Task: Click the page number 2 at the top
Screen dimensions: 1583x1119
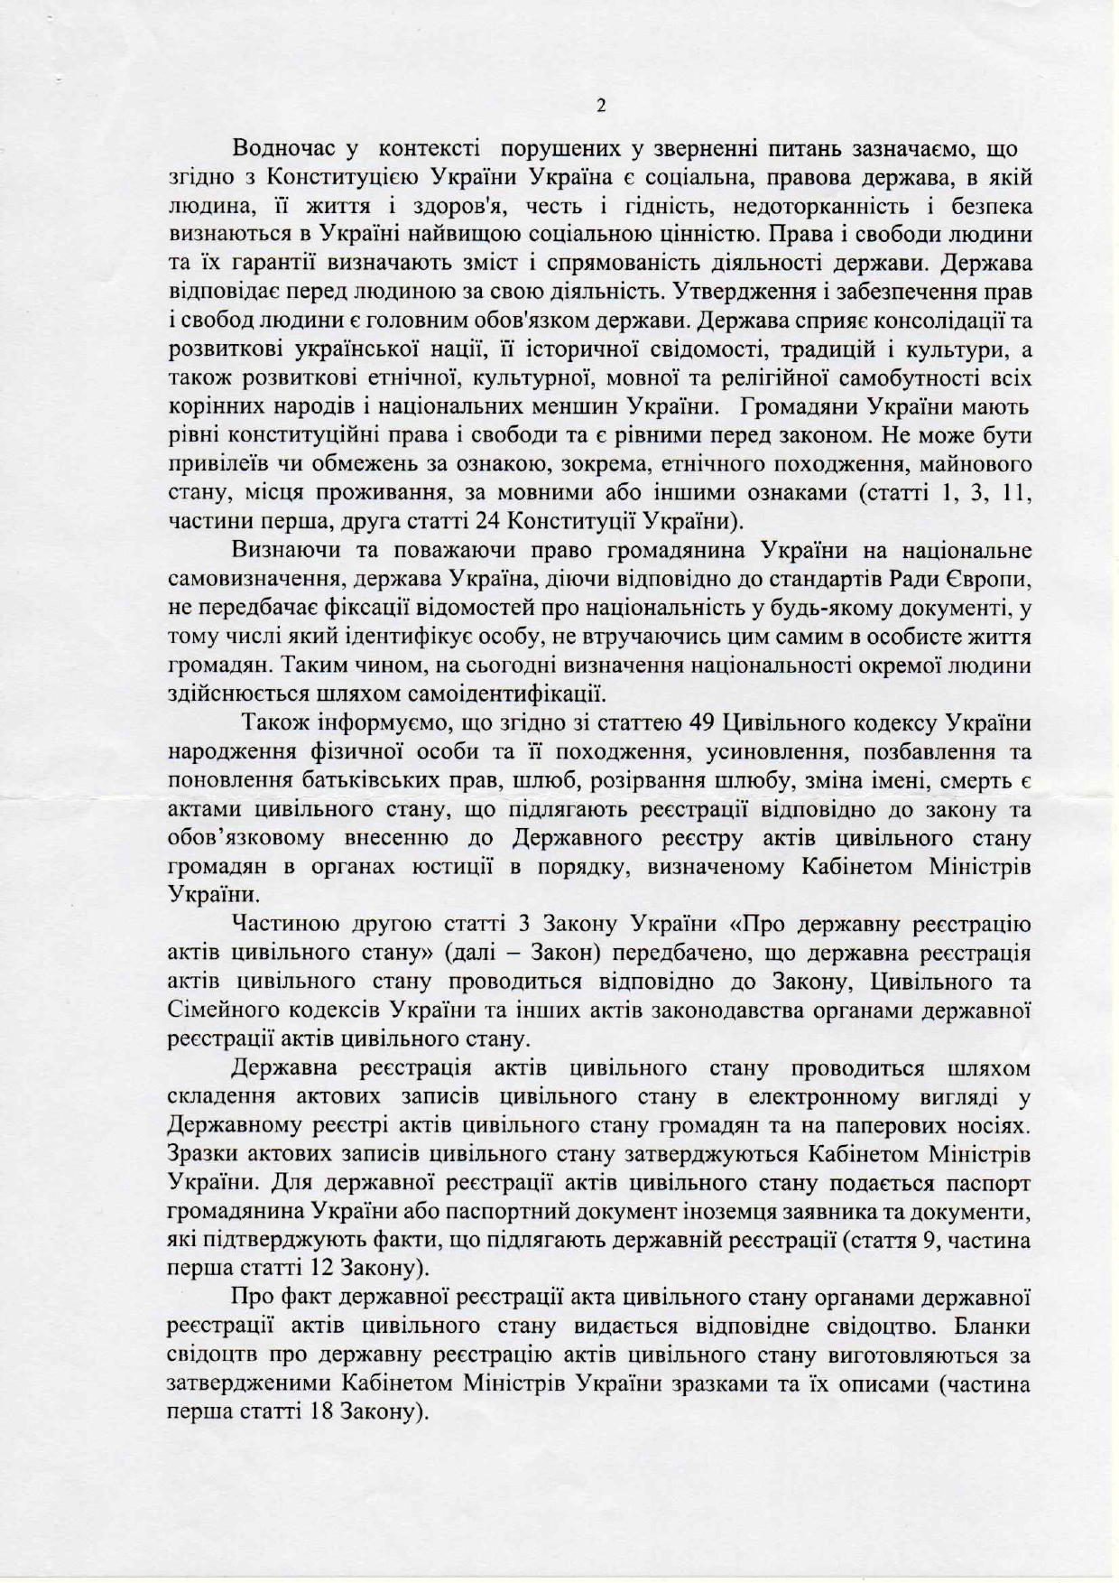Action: (x=601, y=107)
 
